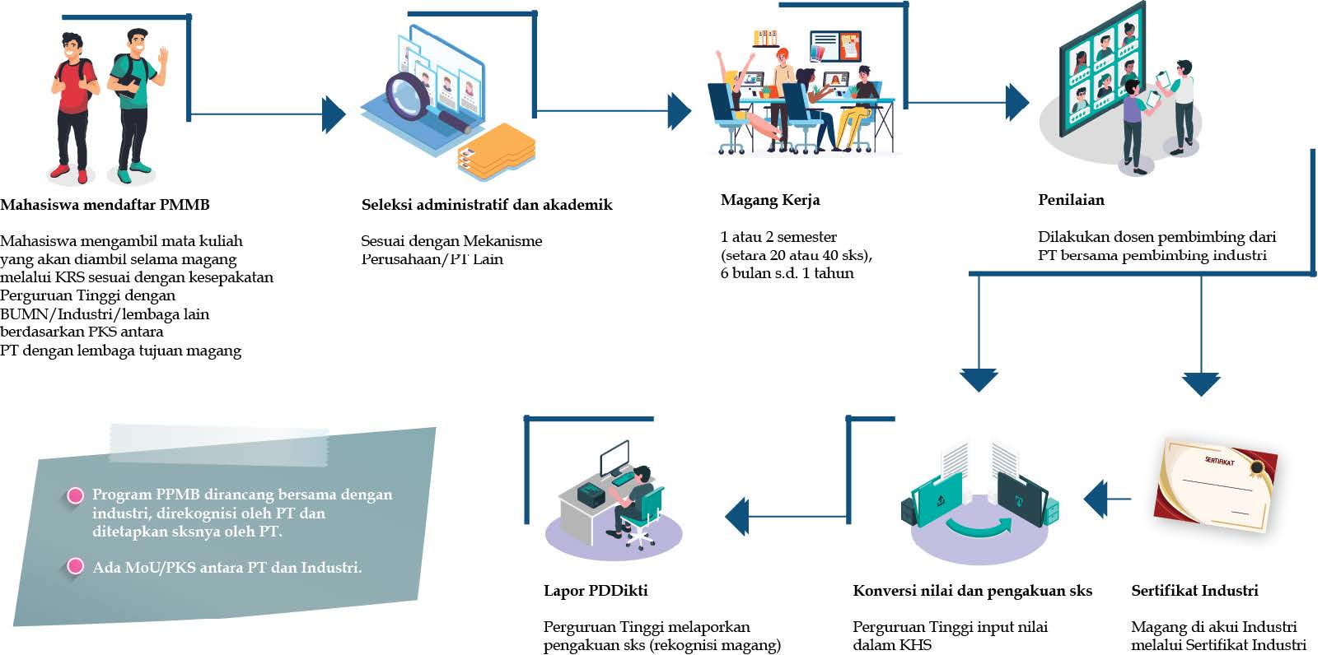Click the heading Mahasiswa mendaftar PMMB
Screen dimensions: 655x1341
[x=105, y=205]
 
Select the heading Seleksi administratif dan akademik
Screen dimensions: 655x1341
[x=486, y=205]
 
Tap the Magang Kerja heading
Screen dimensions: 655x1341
[x=770, y=200]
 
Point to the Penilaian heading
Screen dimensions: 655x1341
[x=1071, y=200]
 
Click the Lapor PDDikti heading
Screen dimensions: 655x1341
[x=596, y=591]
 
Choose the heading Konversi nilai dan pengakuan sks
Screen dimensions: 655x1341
[x=972, y=591]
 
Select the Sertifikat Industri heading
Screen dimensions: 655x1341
[x=1194, y=591]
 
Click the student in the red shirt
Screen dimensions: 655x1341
[x=75, y=103]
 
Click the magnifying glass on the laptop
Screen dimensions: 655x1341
[x=410, y=95]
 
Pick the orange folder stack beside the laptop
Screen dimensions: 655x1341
[x=496, y=152]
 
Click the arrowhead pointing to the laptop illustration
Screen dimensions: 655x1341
[x=334, y=114]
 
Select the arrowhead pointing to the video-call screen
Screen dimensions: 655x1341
[x=1018, y=103]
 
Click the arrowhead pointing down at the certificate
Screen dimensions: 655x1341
[x=1200, y=383]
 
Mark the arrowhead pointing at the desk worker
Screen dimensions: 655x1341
[x=737, y=517]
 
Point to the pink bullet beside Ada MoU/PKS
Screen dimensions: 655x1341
[x=75, y=566]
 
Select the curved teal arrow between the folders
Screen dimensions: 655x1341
[x=980, y=525]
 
